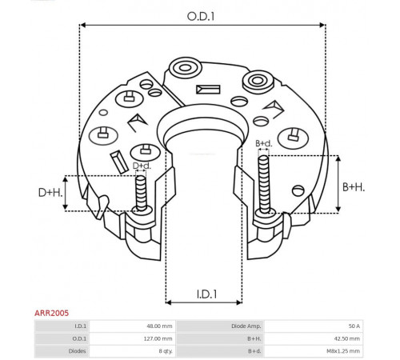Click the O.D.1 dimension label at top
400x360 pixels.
[201, 17]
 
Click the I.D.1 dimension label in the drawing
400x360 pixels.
[206, 294]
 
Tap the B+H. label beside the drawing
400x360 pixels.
[354, 187]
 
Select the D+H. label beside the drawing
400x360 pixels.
[50, 193]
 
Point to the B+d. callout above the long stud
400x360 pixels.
[264, 143]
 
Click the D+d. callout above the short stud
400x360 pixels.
[142, 166]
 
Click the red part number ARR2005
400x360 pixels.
[51, 313]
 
